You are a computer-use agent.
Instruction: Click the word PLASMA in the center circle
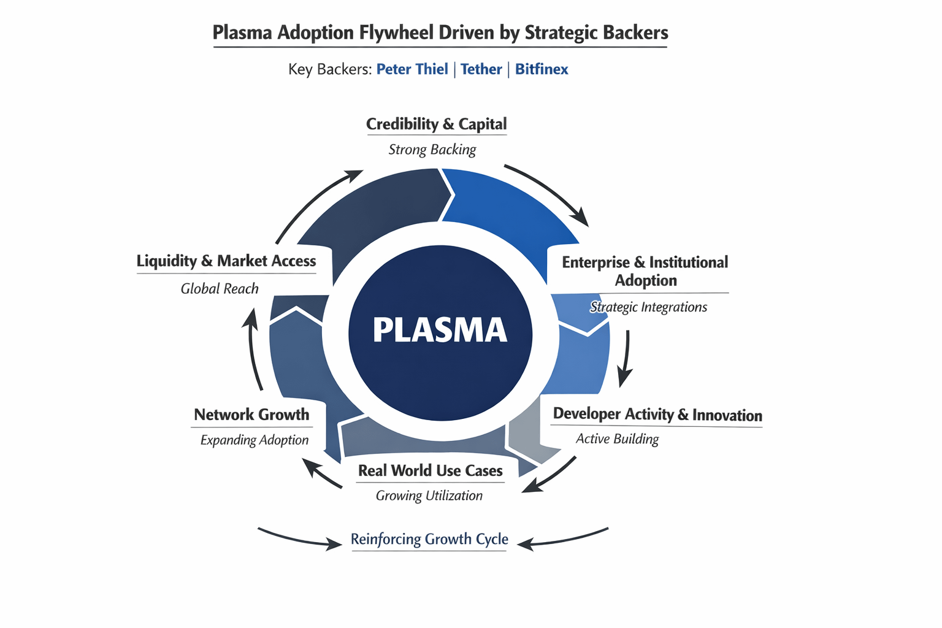[x=440, y=331]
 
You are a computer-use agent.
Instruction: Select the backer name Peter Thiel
[x=412, y=69]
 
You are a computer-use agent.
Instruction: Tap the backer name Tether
[x=481, y=69]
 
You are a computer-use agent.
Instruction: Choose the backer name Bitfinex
[x=542, y=69]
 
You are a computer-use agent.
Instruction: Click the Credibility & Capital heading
[x=437, y=124]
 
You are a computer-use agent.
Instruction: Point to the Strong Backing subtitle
[x=432, y=150]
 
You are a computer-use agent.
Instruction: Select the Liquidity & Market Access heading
[x=226, y=261]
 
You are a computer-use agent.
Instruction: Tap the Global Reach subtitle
[x=220, y=289]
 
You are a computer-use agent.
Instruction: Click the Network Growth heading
[x=251, y=415]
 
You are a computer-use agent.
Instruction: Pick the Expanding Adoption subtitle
[x=255, y=440]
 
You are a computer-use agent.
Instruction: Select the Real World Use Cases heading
[x=431, y=471]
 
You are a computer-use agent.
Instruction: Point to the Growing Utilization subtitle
[x=429, y=496]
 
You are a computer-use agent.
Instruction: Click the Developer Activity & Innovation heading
[x=657, y=415]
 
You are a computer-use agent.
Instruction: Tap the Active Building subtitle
[x=617, y=439]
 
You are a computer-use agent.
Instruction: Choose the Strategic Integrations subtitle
[x=648, y=307]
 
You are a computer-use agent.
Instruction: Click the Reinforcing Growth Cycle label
[x=429, y=539]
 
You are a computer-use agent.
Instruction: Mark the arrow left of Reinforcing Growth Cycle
[x=300, y=538]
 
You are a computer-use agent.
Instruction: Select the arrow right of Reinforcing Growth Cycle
[x=563, y=538]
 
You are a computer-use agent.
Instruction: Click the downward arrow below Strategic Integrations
[x=626, y=359]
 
